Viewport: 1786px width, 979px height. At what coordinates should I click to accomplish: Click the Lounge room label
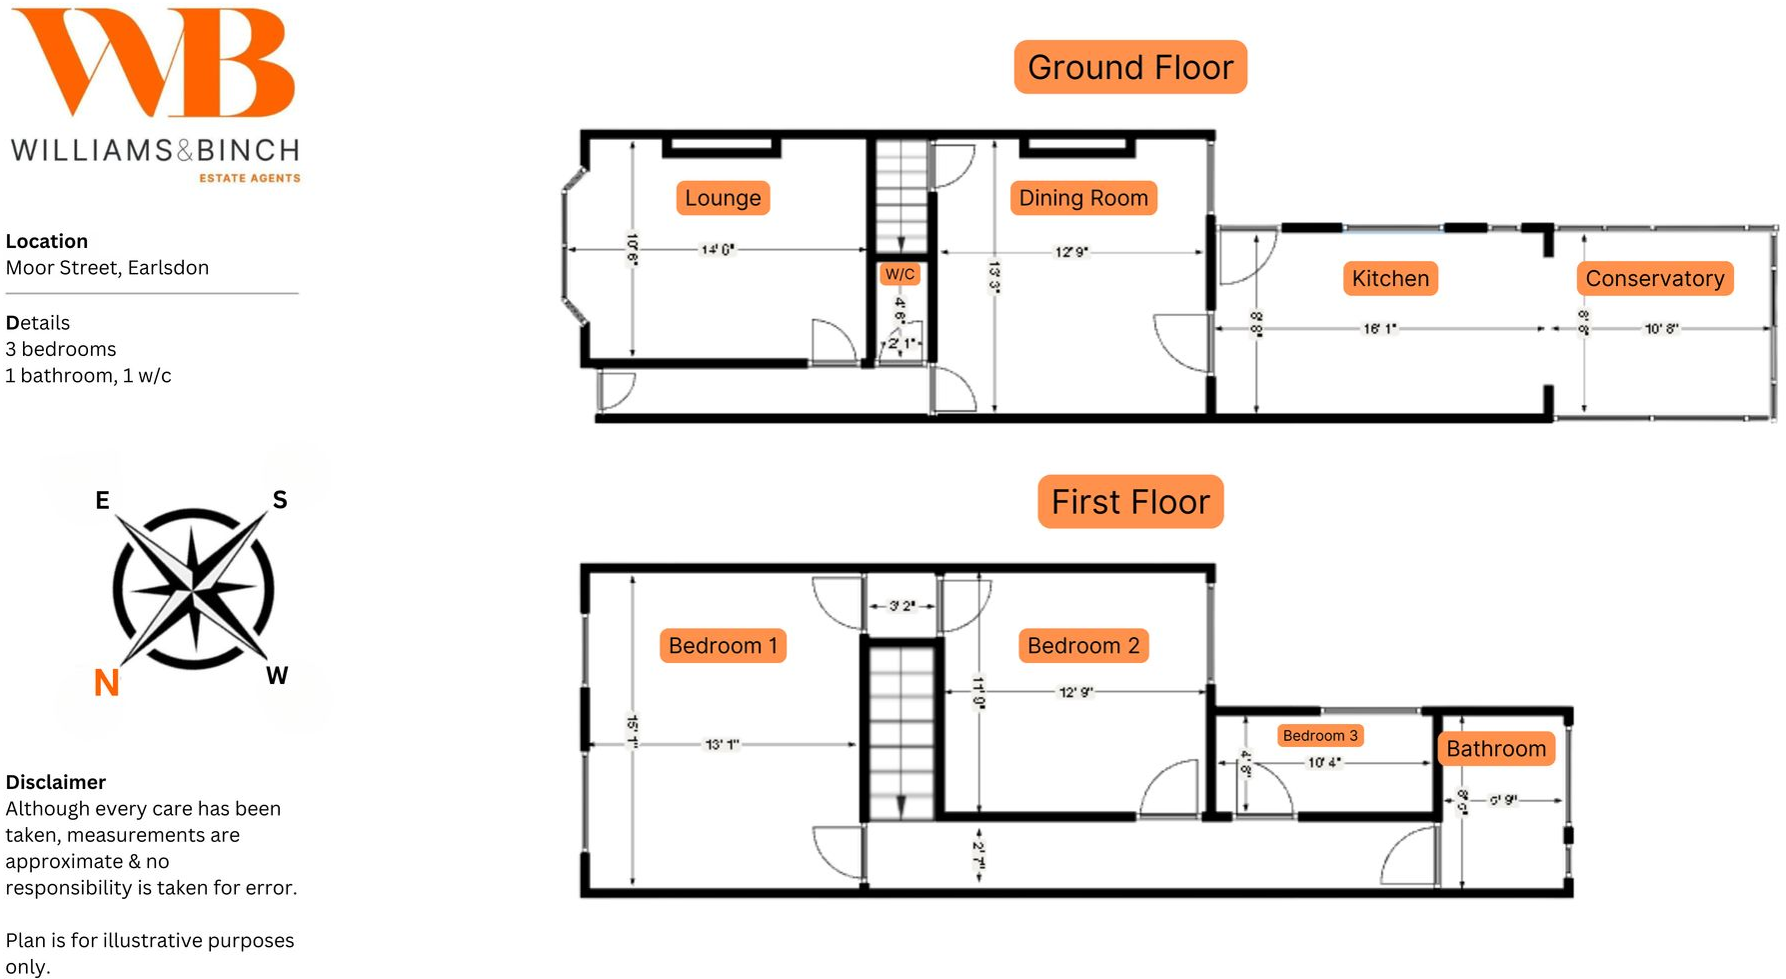[723, 198]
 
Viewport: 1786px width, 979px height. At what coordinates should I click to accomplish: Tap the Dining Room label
[1083, 198]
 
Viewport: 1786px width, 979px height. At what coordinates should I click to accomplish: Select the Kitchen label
[1389, 278]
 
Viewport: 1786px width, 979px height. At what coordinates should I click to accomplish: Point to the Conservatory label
[1654, 278]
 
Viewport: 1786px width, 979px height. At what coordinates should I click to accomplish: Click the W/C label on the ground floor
[899, 274]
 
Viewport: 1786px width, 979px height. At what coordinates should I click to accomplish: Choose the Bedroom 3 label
[1319, 736]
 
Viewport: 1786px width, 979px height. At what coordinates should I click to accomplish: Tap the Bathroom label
[1495, 749]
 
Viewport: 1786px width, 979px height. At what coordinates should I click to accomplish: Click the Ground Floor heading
[1130, 68]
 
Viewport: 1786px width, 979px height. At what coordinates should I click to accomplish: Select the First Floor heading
[1130, 502]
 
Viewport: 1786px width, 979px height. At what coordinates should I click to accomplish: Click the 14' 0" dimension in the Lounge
[718, 249]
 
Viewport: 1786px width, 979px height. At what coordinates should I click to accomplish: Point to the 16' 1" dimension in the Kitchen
[1379, 329]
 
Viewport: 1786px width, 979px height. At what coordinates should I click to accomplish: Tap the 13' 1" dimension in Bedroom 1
[722, 744]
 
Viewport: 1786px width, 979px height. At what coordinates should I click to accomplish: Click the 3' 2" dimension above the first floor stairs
[901, 606]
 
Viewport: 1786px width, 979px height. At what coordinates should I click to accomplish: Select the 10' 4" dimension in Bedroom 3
[1324, 763]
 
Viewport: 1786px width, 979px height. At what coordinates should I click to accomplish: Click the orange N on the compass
[106, 682]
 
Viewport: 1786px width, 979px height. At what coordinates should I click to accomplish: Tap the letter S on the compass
[280, 500]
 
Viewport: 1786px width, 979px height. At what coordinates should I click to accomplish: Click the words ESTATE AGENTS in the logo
[249, 178]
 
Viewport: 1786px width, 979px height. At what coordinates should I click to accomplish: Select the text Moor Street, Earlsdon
[107, 268]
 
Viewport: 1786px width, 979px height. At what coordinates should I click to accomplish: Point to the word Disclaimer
[56, 782]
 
